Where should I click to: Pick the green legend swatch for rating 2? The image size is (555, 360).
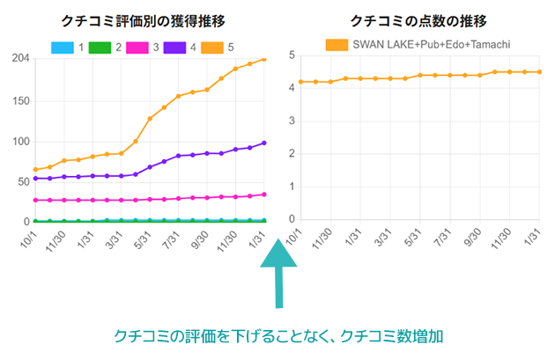click(100, 46)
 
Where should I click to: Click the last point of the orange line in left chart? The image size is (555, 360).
click(263, 60)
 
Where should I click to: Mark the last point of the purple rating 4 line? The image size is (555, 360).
click(263, 143)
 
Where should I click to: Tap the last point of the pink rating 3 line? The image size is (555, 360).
click(263, 195)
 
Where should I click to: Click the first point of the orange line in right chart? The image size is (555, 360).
click(301, 82)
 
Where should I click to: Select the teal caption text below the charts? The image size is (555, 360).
click(277, 336)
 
